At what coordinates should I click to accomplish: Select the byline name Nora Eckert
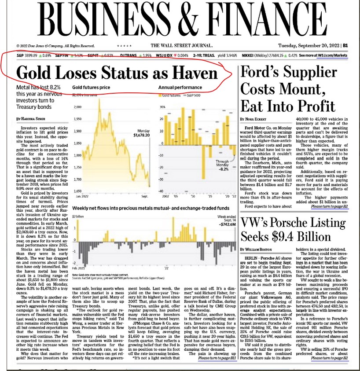click(x=257, y=119)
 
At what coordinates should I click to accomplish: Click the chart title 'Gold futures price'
click(x=91, y=88)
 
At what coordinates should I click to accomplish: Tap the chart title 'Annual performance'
click(x=180, y=88)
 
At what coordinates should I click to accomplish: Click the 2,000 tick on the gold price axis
click(x=77, y=107)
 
